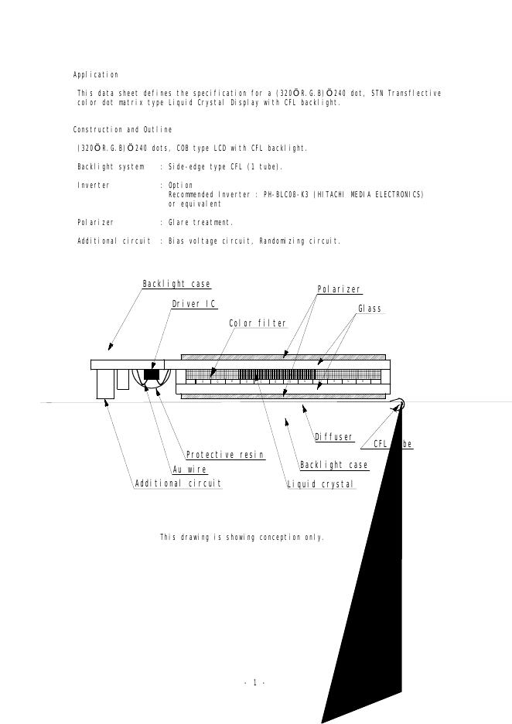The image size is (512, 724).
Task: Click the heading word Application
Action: click(96, 75)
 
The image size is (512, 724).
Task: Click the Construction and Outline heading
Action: click(122, 130)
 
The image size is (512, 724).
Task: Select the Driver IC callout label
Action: click(193, 304)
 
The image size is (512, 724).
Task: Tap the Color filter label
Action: click(258, 323)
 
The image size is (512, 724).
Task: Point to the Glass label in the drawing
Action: click(370, 309)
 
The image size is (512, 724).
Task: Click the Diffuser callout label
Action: click(334, 438)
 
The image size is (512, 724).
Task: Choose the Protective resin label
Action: click(225, 456)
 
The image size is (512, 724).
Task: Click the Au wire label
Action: click(189, 470)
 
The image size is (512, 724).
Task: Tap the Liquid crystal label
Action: click(320, 485)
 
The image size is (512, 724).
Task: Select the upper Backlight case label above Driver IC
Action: click(176, 285)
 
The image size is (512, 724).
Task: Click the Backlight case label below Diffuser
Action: click(334, 466)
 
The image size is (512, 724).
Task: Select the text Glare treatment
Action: click(200, 223)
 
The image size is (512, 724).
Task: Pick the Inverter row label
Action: click(94, 186)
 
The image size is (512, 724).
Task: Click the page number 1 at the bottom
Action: click(254, 682)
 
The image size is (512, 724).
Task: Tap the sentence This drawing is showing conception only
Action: click(241, 537)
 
